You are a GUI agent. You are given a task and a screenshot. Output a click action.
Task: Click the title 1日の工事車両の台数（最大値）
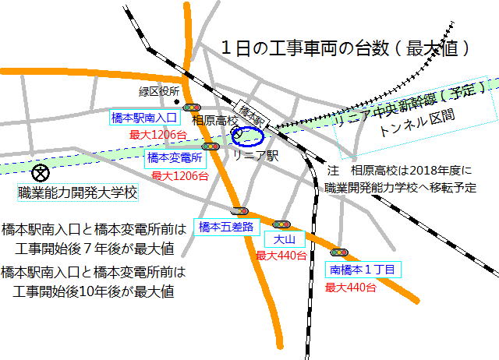pyautogui.click(x=345, y=48)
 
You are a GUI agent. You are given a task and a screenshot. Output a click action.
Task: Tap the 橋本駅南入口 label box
pyautogui.click(x=146, y=118)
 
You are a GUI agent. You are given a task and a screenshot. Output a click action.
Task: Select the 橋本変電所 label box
pyautogui.click(x=175, y=158)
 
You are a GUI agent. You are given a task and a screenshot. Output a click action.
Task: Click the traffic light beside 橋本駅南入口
pyautogui.click(x=192, y=107)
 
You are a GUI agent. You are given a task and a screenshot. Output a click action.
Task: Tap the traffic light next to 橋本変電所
pyautogui.click(x=210, y=146)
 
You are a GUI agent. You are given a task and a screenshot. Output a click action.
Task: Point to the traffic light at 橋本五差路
pyautogui.click(x=239, y=210)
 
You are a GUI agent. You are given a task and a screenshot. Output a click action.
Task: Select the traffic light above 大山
pyautogui.click(x=281, y=224)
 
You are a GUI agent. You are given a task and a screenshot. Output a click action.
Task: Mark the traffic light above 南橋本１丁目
pyautogui.click(x=338, y=252)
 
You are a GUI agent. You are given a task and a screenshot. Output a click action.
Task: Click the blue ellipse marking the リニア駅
pyautogui.click(x=249, y=136)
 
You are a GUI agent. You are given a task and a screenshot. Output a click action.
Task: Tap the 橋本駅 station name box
pyautogui.click(x=250, y=114)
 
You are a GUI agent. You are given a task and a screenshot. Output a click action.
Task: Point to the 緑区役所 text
pyautogui.click(x=159, y=92)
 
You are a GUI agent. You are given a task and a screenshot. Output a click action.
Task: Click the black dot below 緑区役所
pyautogui.click(x=177, y=103)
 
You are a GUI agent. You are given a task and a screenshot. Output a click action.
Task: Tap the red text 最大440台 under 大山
pyautogui.click(x=281, y=255)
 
